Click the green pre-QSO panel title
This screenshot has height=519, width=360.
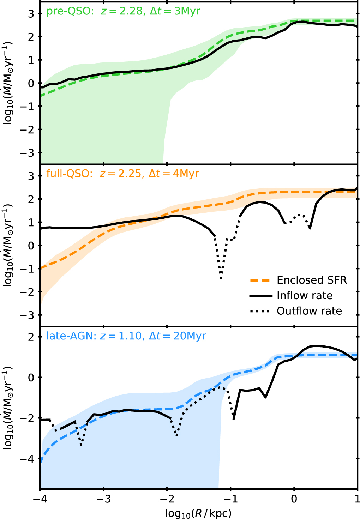(123, 11)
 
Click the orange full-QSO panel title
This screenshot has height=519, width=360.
(122, 173)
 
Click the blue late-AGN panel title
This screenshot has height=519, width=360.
(126, 336)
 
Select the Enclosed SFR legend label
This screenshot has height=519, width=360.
(312, 280)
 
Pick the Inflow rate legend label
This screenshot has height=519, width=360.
(305, 296)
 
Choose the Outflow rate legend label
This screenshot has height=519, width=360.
(309, 311)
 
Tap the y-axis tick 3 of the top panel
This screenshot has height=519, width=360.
(31, 14)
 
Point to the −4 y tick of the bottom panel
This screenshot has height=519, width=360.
(27, 458)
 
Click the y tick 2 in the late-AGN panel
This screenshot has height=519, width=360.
(31, 337)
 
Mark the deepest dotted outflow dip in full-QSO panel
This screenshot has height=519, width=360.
(221, 278)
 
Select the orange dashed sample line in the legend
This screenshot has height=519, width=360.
(260, 280)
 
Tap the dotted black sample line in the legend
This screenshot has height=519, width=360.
(260, 311)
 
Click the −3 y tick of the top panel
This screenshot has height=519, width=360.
(27, 153)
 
